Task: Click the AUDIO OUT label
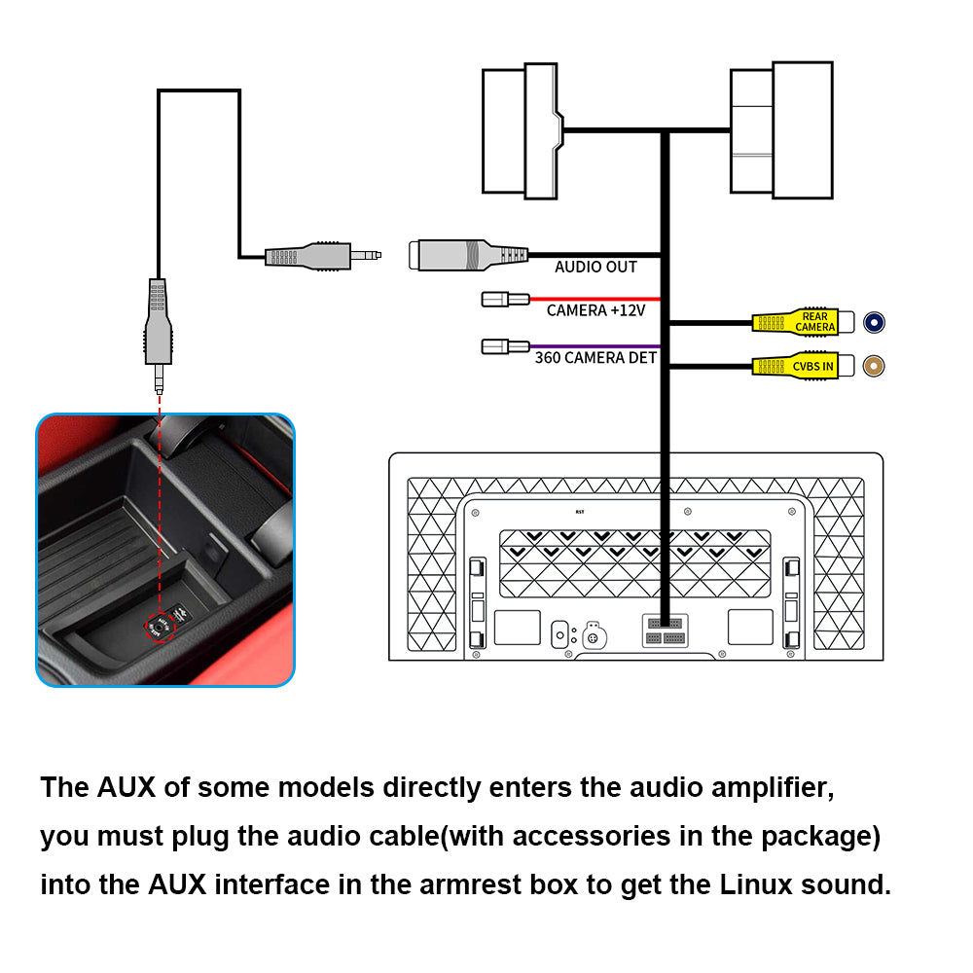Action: [x=595, y=267]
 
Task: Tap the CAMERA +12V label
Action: [x=595, y=310]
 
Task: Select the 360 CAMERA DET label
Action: [x=595, y=357]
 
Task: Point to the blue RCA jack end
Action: [x=876, y=322]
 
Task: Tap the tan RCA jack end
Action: [x=876, y=366]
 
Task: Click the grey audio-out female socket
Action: [x=467, y=255]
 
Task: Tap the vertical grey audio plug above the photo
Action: [x=158, y=321]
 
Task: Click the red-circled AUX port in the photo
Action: [x=159, y=628]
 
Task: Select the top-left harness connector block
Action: [x=523, y=130]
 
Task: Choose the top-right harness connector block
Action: [x=781, y=130]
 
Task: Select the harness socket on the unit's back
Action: [x=665, y=630]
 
